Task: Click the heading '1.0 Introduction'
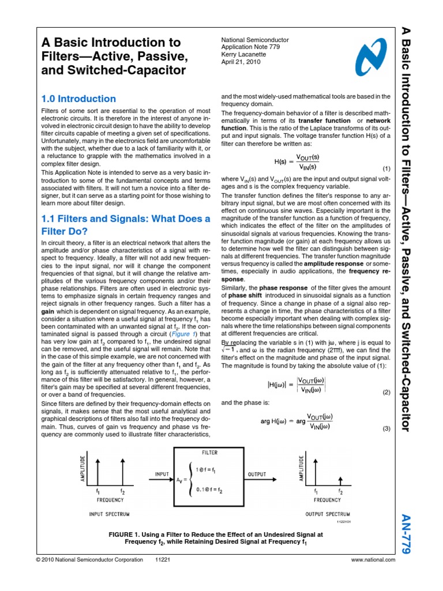78,99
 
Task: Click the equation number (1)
387,169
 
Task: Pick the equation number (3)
387,429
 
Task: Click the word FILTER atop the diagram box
209,452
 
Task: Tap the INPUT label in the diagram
162,474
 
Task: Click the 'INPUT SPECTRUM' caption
109,514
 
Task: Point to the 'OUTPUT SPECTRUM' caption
327,514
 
